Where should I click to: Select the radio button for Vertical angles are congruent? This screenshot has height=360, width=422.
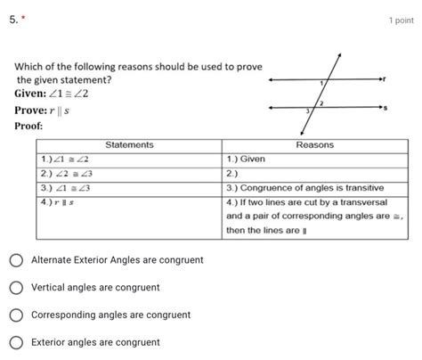(17, 288)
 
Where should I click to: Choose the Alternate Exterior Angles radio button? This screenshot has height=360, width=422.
(17, 260)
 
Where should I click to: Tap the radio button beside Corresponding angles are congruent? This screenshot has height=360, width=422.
(17, 315)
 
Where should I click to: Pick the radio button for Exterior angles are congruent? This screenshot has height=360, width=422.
(17, 342)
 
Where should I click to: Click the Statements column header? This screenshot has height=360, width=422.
(129, 145)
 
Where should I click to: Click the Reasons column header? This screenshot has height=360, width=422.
(314, 145)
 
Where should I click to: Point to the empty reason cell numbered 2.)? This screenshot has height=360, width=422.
(314, 173)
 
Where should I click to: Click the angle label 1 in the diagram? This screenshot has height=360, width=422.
(321, 82)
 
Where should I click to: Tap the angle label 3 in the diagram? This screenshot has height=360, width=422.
(308, 112)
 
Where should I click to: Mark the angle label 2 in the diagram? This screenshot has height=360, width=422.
(321, 103)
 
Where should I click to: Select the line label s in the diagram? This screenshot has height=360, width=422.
(385, 108)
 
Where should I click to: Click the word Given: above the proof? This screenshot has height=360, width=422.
(35, 94)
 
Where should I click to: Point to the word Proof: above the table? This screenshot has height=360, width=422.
(31, 126)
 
